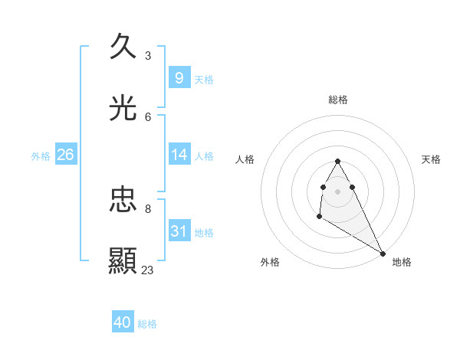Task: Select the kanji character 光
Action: (123, 108)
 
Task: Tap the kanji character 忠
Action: (123, 200)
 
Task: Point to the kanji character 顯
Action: (123, 261)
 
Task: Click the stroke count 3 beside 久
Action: (147, 55)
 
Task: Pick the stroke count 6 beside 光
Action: (148, 116)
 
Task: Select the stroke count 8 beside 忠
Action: (148, 208)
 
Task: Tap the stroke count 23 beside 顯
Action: (148, 270)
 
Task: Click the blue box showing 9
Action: (179, 77)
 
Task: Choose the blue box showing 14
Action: (179, 155)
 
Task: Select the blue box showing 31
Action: (179, 231)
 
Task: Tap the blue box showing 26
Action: (65, 155)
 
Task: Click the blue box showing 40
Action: (123, 322)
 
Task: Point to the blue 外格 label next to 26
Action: (41, 156)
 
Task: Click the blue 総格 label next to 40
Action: (147, 324)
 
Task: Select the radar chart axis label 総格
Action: (338, 100)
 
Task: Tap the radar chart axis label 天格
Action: (431, 159)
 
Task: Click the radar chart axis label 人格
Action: (245, 159)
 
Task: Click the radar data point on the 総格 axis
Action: (338, 161)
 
